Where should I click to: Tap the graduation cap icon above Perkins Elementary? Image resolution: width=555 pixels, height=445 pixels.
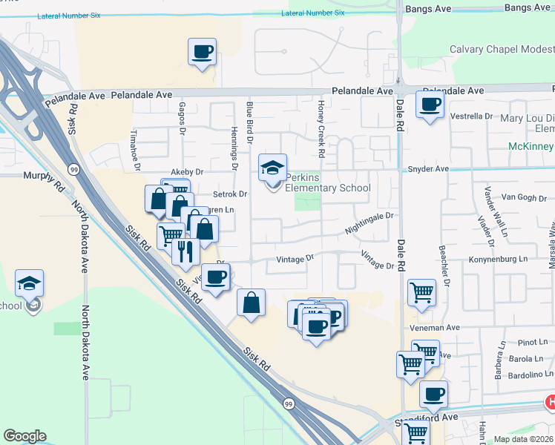pyautogui.click(x=272, y=167)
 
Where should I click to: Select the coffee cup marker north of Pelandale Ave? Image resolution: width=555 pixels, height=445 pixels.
pyautogui.click(x=202, y=52)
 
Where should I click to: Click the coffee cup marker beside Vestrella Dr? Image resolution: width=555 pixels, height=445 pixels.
pyautogui.click(x=430, y=105)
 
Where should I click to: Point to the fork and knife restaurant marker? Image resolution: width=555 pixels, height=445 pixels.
pyautogui.click(x=185, y=251)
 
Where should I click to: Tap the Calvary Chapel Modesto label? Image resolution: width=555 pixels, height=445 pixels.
pyautogui.click(x=502, y=50)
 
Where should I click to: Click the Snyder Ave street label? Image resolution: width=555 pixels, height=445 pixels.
pyautogui.click(x=428, y=169)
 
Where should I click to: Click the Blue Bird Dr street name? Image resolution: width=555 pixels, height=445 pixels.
pyautogui.click(x=250, y=122)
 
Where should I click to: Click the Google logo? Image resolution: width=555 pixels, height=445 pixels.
pyautogui.click(x=24, y=436)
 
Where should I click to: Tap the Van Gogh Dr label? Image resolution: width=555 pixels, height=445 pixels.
pyautogui.click(x=523, y=197)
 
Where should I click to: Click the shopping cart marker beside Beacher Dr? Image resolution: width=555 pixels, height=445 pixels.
pyautogui.click(x=421, y=293)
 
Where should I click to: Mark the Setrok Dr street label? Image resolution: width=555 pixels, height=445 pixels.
pyautogui.click(x=229, y=194)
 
